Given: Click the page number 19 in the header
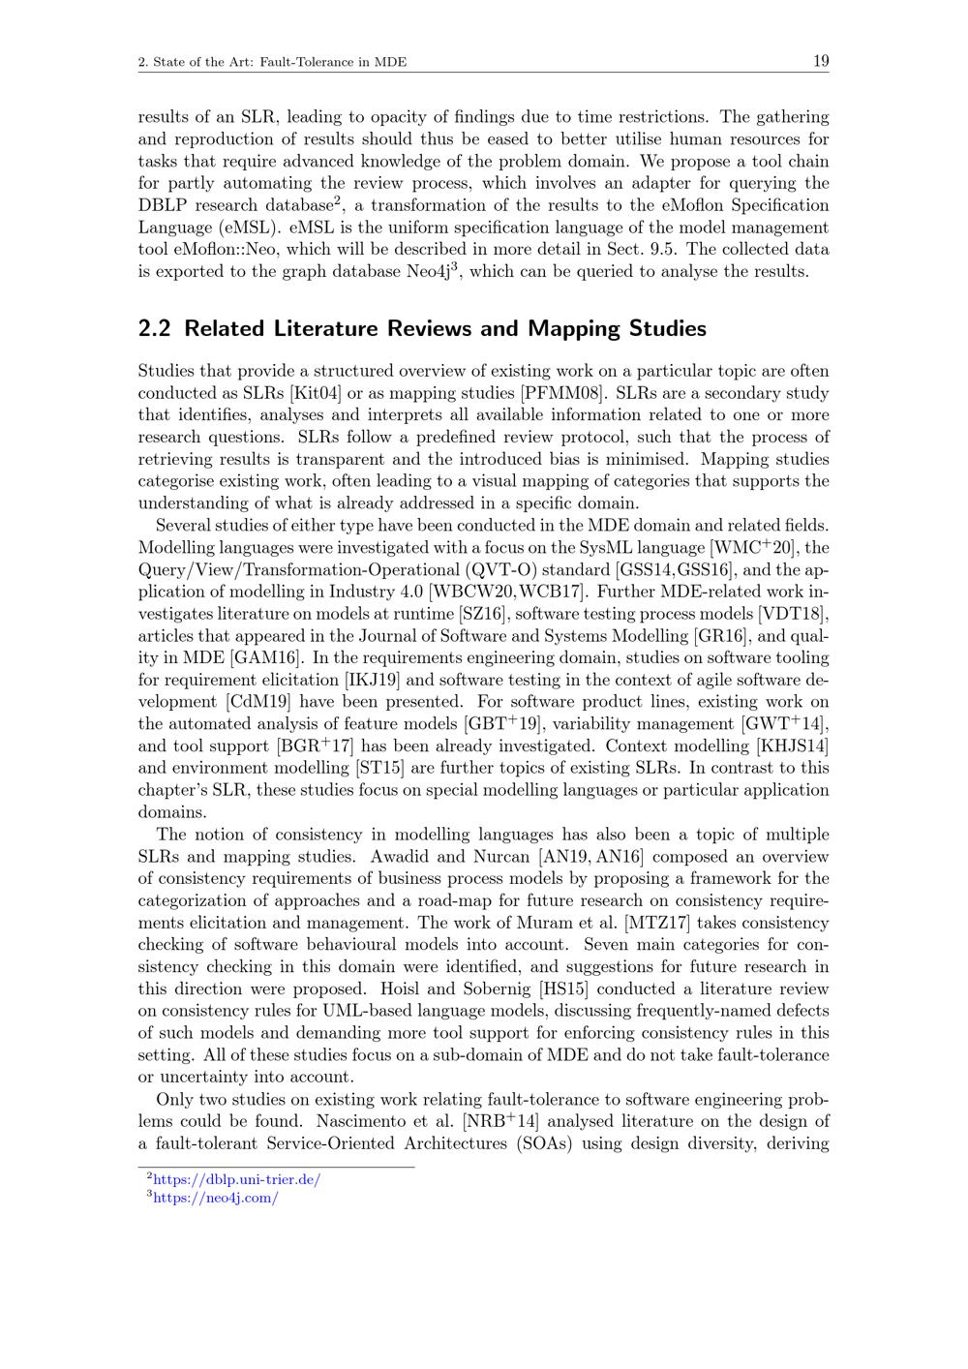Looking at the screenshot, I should (820, 62).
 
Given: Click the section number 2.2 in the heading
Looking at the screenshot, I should (155, 328).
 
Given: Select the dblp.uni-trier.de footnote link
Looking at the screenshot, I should (236, 1179).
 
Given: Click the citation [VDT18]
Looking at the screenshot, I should (794, 614).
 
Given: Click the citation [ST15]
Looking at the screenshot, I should (378, 769).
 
